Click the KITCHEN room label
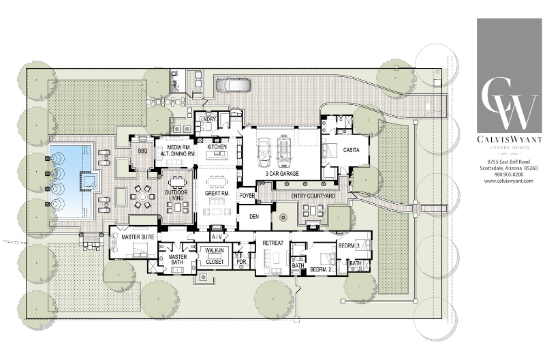coord(217,147)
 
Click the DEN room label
coord(253,216)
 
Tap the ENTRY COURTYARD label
coord(313,196)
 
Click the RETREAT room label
coord(272,239)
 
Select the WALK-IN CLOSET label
coord(215,255)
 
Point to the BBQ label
coord(143,150)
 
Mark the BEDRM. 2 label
coord(320,269)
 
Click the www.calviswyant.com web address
coord(508,181)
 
